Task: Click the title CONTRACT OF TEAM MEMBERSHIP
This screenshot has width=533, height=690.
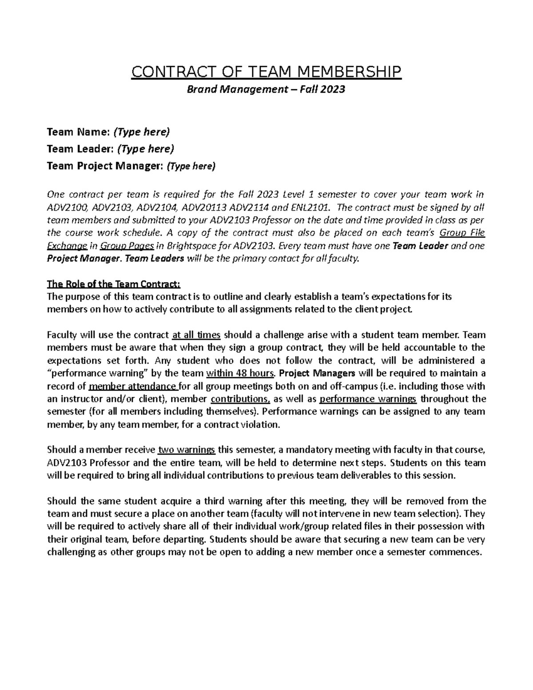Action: [266, 72]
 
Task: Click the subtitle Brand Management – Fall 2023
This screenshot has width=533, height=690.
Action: [266, 89]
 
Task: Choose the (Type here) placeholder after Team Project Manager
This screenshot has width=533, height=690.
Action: [191, 166]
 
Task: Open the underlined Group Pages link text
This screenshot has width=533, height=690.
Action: [127, 246]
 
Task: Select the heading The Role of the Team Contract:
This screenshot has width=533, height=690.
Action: [114, 284]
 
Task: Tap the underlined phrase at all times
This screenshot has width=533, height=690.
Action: [196, 335]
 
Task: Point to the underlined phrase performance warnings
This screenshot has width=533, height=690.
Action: [368, 399]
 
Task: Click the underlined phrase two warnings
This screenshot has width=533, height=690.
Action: [187, 450]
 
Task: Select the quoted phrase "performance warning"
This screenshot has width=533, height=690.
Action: [90, 373]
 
